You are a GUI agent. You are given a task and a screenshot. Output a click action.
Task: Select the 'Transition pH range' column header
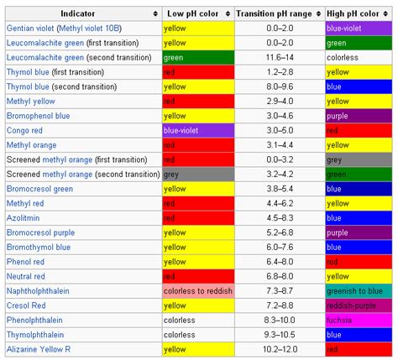(x=273, y=14)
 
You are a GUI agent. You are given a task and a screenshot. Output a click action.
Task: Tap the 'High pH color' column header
(x=353, y=14)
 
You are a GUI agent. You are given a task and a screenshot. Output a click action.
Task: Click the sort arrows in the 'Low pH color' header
(x=228, y=14)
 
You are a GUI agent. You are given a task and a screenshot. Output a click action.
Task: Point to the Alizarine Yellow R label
(x=38, y=348)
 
